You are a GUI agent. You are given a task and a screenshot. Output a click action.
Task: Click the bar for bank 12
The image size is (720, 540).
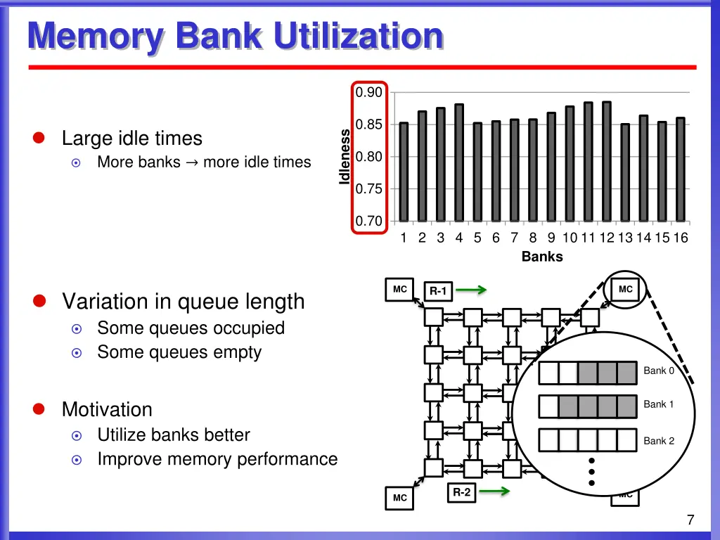click(x=606, y=161)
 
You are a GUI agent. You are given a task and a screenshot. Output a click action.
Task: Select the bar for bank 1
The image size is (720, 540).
click(x=404, y=172)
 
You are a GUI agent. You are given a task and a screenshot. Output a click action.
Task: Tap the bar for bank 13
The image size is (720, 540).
click(x=625, y=172)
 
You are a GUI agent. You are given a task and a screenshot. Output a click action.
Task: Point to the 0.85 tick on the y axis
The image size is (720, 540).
click(x=368, y=125)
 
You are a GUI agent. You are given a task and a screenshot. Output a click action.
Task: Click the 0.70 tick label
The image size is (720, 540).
click(x=368, y=221)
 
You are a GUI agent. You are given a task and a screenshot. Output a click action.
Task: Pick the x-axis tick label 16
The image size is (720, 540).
click(x=680, y=238)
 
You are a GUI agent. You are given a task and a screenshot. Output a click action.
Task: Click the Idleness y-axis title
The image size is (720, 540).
click(x=345, y=156)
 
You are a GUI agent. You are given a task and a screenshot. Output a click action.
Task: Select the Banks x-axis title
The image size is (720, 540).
click(x=542, y=257)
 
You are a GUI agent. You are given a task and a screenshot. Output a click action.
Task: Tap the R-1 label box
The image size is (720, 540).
click(x=438, y=291)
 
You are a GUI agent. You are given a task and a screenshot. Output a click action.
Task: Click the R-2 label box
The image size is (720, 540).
click(x=461, y=492)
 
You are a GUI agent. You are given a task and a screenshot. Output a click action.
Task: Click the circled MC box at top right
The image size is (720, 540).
click(x=625, y=289)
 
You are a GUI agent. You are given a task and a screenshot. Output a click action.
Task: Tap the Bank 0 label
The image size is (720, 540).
click(x=659, y=371)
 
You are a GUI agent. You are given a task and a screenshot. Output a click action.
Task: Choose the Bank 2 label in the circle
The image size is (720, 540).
click(x=659, y=441)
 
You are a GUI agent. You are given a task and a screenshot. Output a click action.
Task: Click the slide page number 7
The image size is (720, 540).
click(x=690, y=520)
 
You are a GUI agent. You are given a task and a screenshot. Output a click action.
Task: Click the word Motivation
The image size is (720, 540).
click(x=107, y=409)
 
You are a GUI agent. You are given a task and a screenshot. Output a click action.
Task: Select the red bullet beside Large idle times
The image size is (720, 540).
click(x=39, y=139)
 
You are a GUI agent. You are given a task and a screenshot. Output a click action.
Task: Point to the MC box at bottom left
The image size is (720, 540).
click(x=399, y=498)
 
